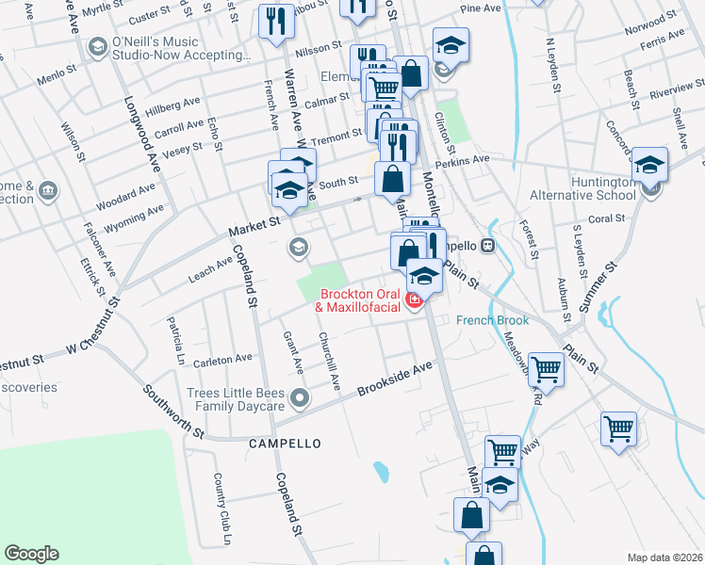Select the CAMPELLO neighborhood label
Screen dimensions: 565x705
pos(285,443)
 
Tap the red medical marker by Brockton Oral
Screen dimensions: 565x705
pos(413,300)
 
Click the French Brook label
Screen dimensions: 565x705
pos(492,320)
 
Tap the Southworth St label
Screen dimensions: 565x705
pos(172,411)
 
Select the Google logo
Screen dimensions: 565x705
pos(31,554)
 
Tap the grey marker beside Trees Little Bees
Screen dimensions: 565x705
pos(300,398)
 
